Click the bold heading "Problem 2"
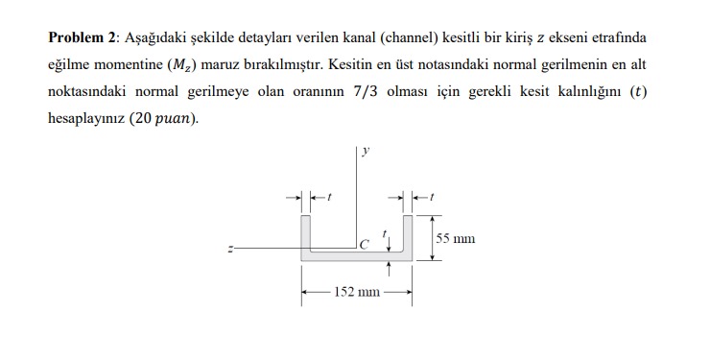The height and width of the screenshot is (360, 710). coord(82,38)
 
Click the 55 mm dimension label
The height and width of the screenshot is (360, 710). coord(455,238)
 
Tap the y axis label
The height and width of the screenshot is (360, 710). coord(366,151)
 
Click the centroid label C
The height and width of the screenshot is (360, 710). coord(362,245)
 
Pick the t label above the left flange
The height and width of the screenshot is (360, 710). coord(329,197)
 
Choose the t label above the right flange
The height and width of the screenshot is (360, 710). coord(432,197)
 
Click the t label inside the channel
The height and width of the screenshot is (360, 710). coord(385,231)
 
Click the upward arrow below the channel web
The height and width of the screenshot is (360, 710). coord(390,271)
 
